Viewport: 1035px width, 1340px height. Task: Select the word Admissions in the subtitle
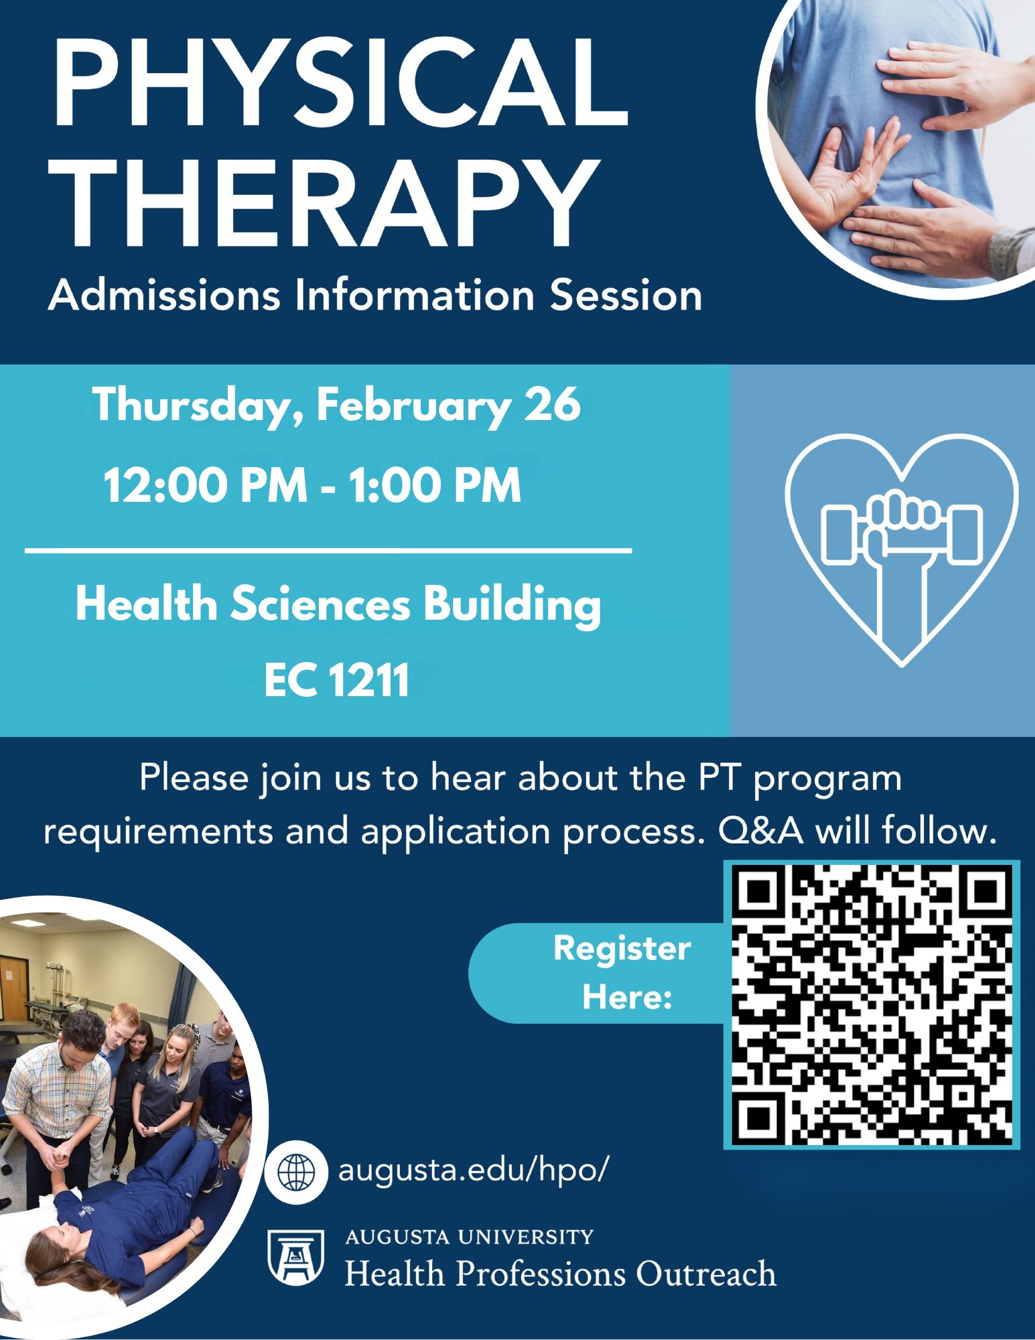[x=164, y=295]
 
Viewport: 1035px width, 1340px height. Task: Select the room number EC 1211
[x=336, y=681]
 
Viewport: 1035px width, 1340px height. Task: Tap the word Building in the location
[x=511, y=606]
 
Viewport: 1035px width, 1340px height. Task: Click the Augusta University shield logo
[x=295, y=1256]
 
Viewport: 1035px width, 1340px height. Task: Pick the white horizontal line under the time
[x=328, y=551]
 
